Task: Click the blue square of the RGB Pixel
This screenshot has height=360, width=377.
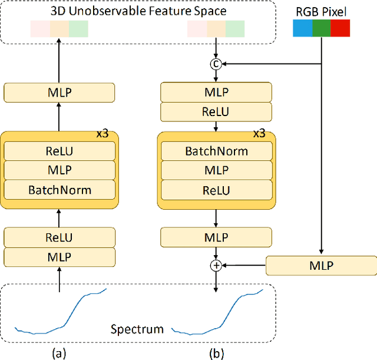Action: (302, 28)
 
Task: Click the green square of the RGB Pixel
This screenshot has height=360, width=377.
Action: (321, 28)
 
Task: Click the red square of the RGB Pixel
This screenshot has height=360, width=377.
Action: (340, 28)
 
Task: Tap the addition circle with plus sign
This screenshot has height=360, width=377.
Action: (216, 265)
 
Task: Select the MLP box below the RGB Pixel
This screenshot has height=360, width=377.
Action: (321, 265)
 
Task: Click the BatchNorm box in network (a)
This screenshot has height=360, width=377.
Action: (59, 190)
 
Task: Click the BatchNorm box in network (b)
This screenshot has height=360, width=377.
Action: (216, 151)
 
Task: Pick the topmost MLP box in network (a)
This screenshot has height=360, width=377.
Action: (59, 92)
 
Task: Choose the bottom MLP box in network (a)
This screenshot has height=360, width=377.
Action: (59, 257)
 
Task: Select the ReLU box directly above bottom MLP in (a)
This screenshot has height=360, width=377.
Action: (59, 238)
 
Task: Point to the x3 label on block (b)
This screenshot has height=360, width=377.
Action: (259, 134)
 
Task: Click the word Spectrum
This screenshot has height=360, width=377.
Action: (137, 329)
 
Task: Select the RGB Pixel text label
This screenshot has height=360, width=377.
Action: (321, 10)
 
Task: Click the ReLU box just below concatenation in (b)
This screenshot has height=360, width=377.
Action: (216, 111)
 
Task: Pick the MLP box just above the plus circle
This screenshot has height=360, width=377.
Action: (216, 237)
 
